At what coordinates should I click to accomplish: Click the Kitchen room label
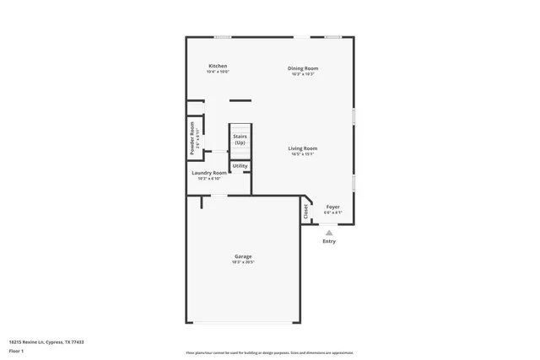coord(218,66)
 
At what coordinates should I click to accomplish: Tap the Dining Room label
coord(303,68)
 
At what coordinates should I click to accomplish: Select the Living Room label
coord(303,148)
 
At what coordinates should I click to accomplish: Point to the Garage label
coord(243,256)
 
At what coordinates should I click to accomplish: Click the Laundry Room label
coord(208,173)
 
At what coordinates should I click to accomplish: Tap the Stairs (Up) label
coord(240,139)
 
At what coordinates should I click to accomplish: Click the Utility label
coord(240,166)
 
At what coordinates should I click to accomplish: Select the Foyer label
coord(333,207)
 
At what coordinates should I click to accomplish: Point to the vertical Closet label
coord(305,212)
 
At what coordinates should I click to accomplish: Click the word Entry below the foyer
coord(329,242)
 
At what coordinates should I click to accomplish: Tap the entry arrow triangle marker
coord(329,233)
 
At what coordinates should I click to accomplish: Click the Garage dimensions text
coord(243,262)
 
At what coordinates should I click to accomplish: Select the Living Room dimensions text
coord(303,154)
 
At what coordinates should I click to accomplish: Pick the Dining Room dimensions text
coord(303,74)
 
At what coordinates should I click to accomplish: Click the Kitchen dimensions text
coord(218,72)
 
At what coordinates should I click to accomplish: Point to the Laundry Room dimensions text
coord(208,179)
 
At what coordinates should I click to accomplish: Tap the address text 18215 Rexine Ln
coord(46,341)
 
